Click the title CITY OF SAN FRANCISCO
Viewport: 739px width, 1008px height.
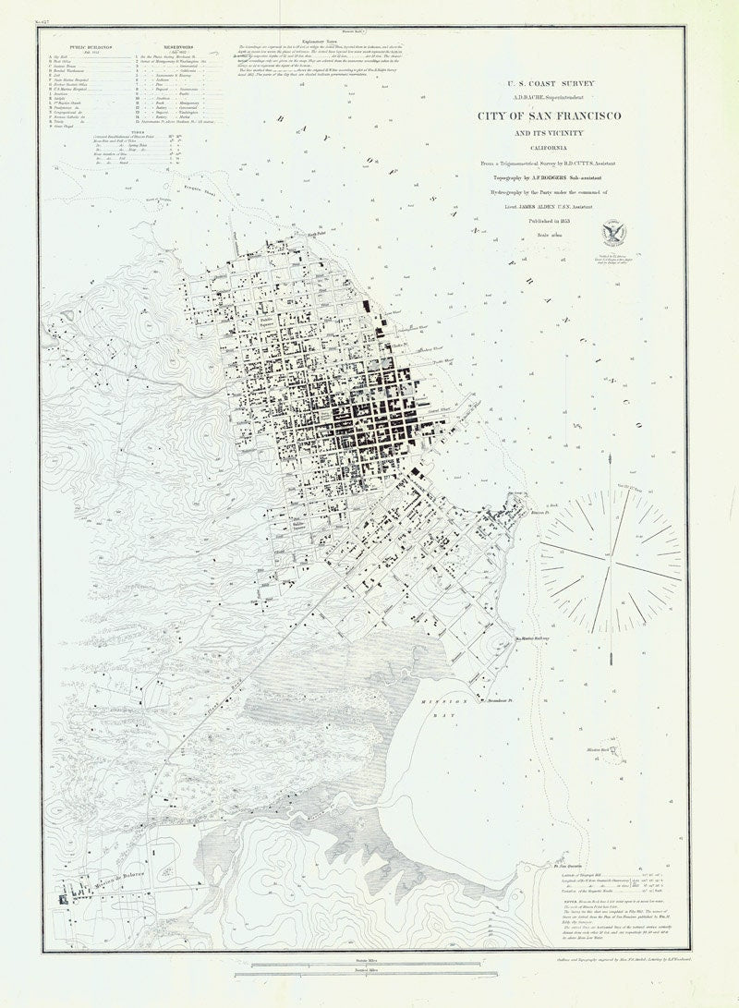[548, 116]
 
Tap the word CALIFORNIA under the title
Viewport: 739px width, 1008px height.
[548, 148]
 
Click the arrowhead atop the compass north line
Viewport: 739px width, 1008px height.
[611, 455]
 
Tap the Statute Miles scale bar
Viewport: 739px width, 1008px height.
[357, 965]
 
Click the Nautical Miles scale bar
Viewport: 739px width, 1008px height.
[357, 976]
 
